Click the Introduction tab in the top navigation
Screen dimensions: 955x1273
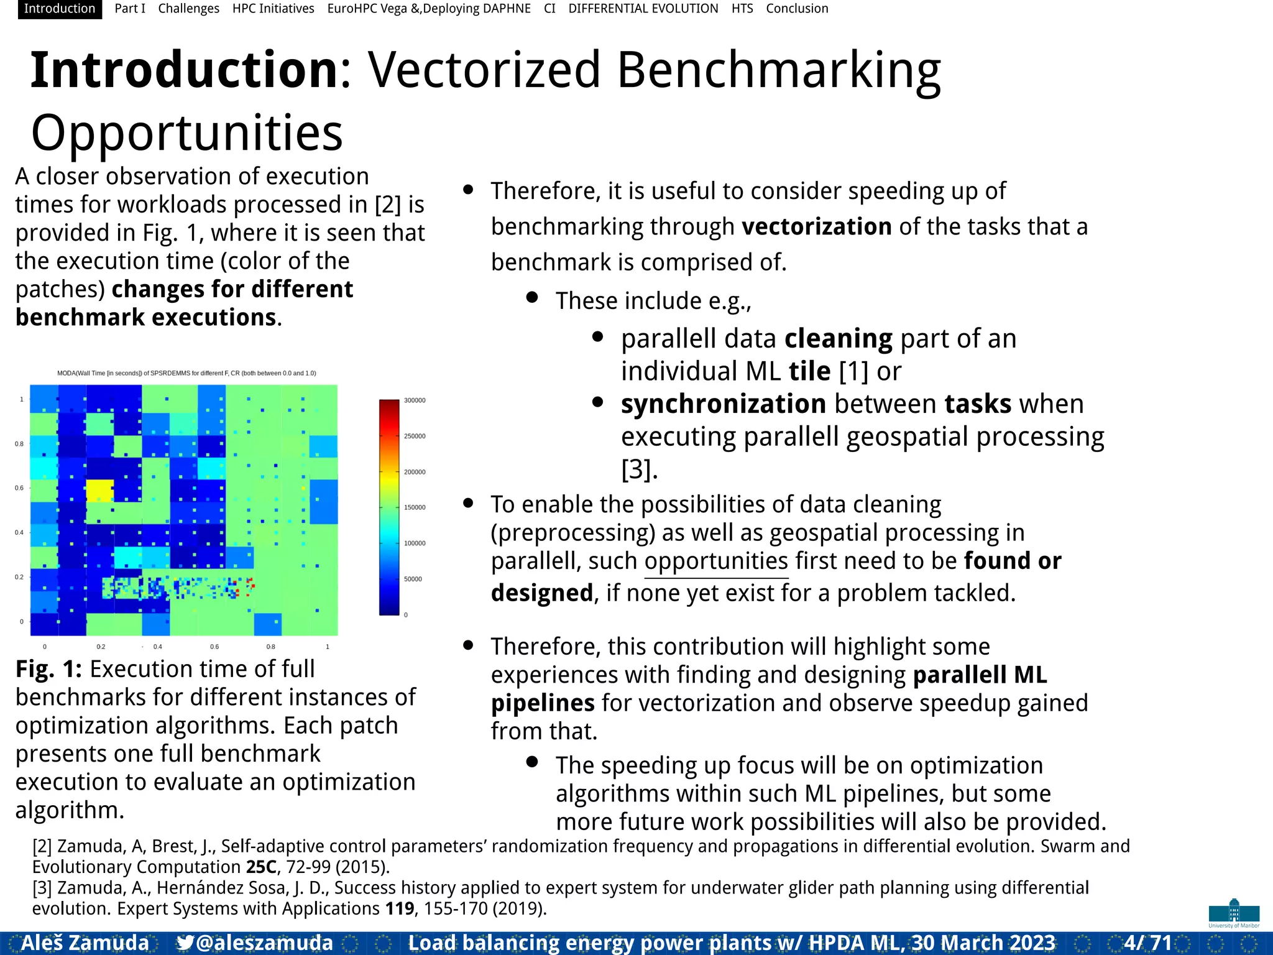60,9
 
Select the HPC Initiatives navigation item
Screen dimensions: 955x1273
273,9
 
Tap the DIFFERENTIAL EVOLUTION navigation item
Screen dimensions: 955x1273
643,9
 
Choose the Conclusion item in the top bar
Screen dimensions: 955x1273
796,9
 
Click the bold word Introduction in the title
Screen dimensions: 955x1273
184,70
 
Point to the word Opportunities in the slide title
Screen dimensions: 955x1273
186,133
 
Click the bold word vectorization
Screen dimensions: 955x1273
816,227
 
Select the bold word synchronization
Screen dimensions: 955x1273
723,404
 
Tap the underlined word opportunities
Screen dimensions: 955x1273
716,561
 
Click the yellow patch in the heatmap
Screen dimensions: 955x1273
99,491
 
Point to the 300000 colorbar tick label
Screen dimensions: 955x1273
415,400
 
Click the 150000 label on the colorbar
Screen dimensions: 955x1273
415,507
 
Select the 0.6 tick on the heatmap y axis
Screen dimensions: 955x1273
19,488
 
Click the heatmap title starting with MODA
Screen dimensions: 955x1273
186,373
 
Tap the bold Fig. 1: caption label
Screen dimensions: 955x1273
48,669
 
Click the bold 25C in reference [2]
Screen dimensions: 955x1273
261,867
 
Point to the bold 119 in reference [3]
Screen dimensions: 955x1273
399,908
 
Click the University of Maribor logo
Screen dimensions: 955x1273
1234,913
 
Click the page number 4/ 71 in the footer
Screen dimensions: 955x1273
1147,943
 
